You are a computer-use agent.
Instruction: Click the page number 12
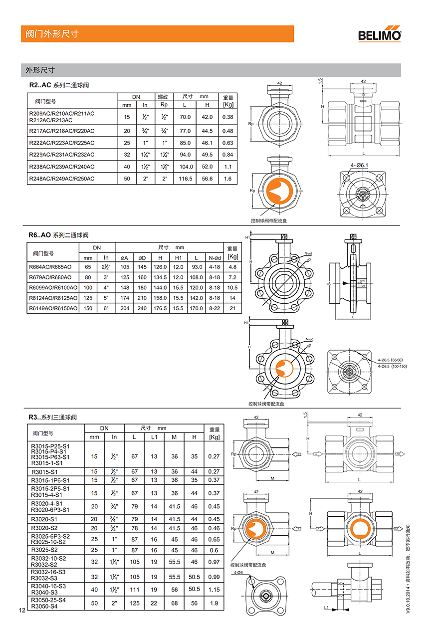tap(21, 610)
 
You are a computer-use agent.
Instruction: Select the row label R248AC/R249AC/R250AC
tap(62, 179)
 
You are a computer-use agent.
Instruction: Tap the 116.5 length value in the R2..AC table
tap(186, 179)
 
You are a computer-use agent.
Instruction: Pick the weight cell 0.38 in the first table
tap(227, 117)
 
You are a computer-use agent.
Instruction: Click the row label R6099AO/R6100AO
tap(53, 288)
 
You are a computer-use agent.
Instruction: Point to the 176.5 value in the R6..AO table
tap(160, 308)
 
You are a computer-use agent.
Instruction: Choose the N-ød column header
tap(215, 257)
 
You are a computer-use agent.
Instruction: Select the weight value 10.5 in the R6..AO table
tap(232, 288)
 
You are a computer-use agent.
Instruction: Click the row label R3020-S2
tap(44, 528)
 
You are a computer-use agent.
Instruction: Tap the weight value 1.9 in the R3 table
tap(214, 603)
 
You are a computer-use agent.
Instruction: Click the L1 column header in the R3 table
tap(154, 437)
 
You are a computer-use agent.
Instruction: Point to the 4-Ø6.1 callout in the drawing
tap(359, 165)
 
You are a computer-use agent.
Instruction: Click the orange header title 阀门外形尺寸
tap(52, 34)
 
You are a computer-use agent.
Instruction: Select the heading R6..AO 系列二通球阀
tap(58, 235)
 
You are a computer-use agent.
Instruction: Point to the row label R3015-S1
tap(44, 471)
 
